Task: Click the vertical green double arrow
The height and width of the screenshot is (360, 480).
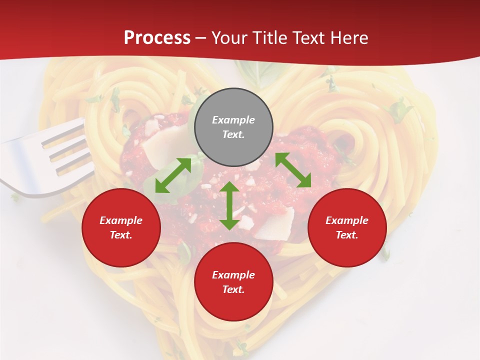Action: tap(229, 205)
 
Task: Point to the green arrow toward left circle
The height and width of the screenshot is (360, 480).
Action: tap(173, 175)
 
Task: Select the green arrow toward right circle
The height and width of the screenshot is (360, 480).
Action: tap(293, 170)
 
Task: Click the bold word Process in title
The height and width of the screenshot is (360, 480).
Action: tap(157, 37)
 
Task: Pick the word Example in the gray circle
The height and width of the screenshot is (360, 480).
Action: tap(233, 120)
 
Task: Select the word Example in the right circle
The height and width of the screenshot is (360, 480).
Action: tap(347, 220)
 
